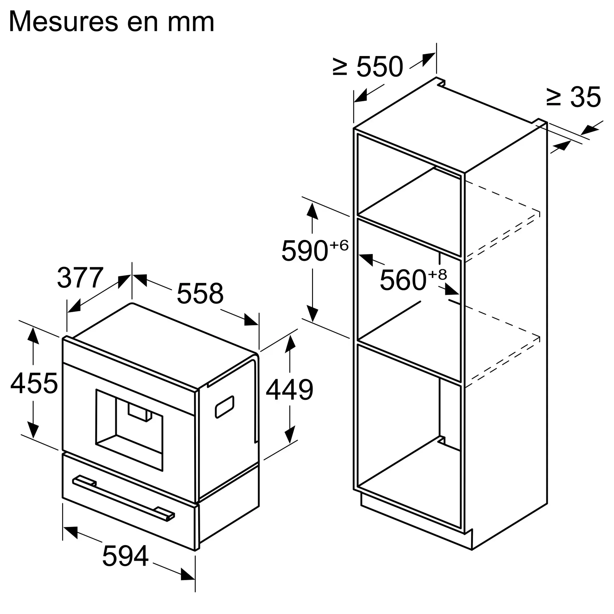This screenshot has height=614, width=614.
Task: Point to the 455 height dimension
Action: point(34,383)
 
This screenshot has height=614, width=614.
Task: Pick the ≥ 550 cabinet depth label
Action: point(368,67)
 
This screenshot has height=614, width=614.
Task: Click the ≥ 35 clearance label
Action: point(573,97)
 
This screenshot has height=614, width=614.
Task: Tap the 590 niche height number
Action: point(304,251)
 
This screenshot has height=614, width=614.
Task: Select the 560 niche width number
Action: point(403,280)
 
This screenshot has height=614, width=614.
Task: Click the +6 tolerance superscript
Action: point(339,245)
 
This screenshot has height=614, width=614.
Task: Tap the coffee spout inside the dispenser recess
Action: point(140,412)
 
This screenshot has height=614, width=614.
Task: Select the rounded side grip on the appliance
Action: point(225,407)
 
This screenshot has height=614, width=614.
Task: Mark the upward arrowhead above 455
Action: point(33,336)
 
